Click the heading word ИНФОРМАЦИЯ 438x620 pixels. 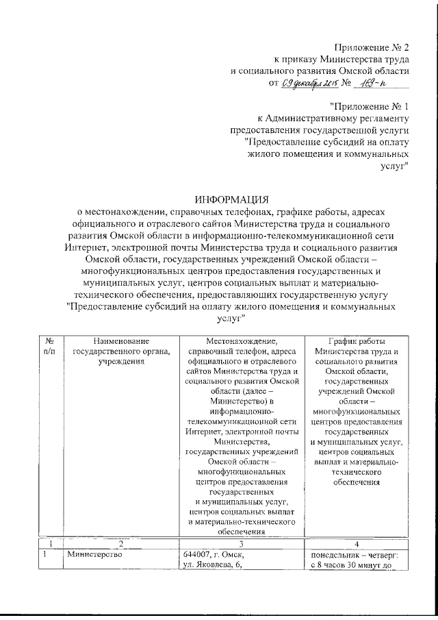(231, 200)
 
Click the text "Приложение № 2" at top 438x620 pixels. (372, 47)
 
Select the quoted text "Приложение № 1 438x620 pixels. (370, 106)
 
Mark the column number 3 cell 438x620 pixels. (237, 543)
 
